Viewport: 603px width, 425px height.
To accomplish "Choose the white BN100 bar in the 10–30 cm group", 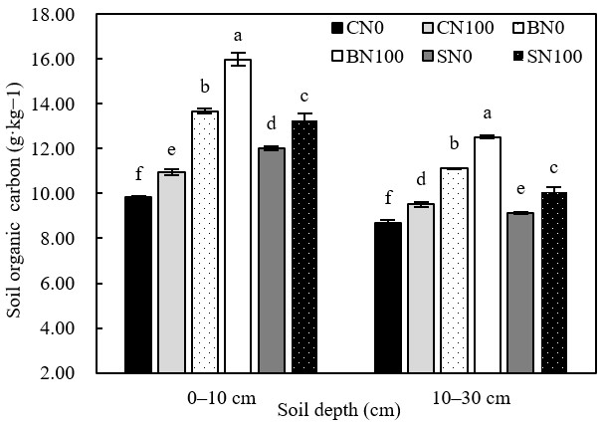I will (x=487, y=255).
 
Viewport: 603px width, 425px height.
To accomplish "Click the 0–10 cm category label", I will (x=222, y=397).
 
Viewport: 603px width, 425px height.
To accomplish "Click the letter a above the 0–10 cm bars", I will (x=238, y=34).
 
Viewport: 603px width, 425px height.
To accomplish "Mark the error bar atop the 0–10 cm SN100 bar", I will (x=304, y=119).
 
